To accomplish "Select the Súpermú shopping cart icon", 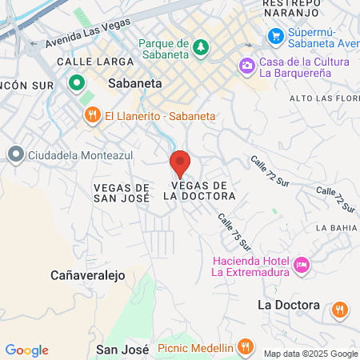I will tap(276, 35).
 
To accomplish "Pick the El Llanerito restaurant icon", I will tap(93, 115).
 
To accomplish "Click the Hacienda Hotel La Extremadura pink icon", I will tap(302, 264).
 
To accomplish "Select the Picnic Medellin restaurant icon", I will tap(246, 348).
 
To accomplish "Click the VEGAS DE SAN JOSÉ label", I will tap(122, 191).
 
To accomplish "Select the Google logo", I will tap(26, 350).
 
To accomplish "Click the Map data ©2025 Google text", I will tap(311, 354).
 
